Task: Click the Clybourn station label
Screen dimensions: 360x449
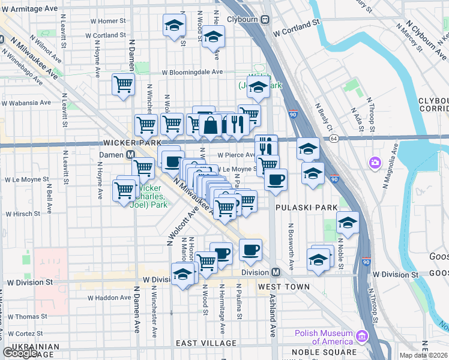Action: pyautogui.click(x=243, y=19)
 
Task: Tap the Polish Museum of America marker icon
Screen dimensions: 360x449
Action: pyautogui.click(x=361, y=335)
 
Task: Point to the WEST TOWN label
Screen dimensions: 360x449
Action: pyautogui.click(x=284, y=287)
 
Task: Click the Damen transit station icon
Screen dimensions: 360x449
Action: pyautogui.click(x=129, y=154)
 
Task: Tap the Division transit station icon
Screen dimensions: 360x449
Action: pyautogui.click(x=276, y=272)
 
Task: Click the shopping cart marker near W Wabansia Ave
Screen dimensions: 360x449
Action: pyautogui.click(x=123, y=85)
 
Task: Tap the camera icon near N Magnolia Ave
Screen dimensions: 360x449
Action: pyautogui.click(x=376, y=163)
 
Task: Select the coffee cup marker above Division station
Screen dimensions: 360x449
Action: pyautogui.click(x=250, y=249)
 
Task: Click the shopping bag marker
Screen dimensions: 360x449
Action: pyautogui.click(x=211, y=125)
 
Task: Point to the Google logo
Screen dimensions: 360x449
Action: pyautogui.click(x=20, y=353)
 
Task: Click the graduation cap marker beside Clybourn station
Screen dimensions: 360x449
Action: pyautogui.click(x=212, y=37)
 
